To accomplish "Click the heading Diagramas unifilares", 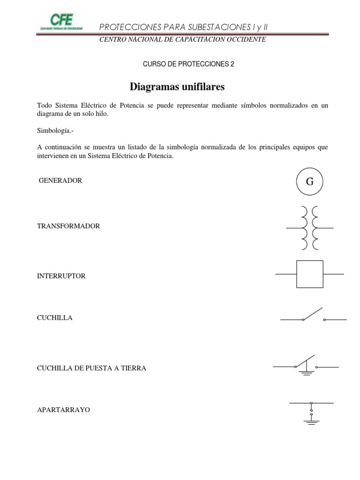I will [177, 87].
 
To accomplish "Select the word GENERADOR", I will [60, 180].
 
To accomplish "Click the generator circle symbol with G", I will [309, 181].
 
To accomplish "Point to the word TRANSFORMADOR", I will [68, 226].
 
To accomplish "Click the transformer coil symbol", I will [310, 228].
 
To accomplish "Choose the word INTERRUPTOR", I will [61, 276].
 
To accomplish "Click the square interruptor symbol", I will [310, 274].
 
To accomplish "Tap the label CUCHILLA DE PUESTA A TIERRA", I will [91, 368].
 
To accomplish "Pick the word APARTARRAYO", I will [63, 410].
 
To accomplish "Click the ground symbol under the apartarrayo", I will [311, 421].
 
